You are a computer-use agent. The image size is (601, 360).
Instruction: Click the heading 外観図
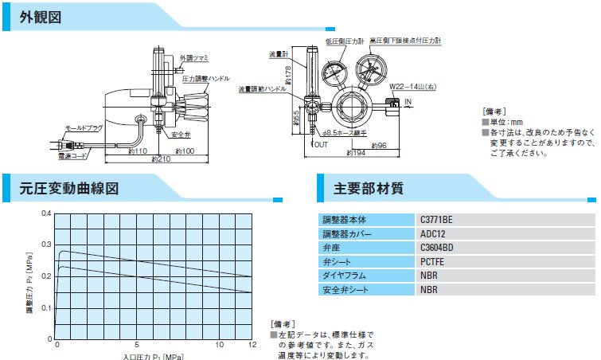click(x=40, y=18)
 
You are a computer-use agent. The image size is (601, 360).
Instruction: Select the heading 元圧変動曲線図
click(x=69, y=189)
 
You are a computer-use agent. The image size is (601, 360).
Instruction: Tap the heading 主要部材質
click(x=368, y=189)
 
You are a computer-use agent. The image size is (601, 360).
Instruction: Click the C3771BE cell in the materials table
click(x=438, y=218)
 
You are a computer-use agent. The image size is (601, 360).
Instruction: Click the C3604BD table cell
click(x=438, y=247)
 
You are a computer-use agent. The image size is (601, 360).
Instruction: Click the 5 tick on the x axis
click(x=138, y=344)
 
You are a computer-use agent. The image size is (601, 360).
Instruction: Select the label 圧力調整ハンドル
click(x=205, y=80)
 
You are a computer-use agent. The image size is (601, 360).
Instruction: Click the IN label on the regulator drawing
click(x=408, y=103)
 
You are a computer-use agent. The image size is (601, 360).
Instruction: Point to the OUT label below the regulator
click(x=321, y=145)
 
